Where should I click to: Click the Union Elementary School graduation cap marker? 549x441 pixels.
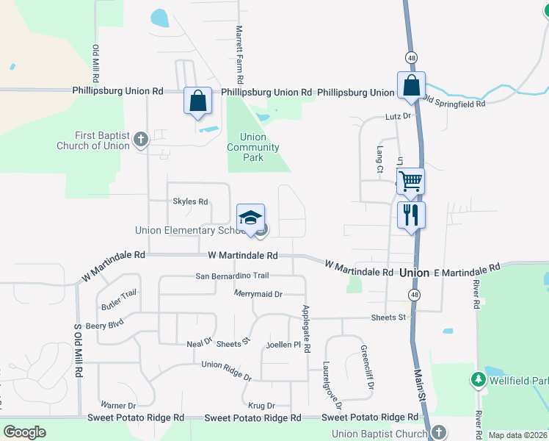click(x=250, y=218)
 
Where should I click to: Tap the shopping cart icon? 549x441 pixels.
click(x=411, y=180)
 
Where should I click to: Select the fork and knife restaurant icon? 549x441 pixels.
click(x=411, y=215)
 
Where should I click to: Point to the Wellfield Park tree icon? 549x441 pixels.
click(x=478, y=379)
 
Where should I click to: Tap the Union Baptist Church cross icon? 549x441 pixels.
click(x=438, y=432)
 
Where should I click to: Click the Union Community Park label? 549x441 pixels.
click(x=253, y=147)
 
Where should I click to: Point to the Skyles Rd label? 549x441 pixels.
click(x=190, y=201)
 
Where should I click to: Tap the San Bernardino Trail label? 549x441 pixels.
click(x=232, y=276)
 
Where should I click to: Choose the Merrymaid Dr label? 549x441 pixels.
click(x=258, y=294)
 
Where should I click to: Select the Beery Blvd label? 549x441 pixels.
click(x=104, y=324)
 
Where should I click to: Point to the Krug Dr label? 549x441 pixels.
click(x=261, y=405)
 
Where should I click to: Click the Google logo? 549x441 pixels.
click(x=24, y=432)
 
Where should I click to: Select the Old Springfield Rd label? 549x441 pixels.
click(x=454, y=103)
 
